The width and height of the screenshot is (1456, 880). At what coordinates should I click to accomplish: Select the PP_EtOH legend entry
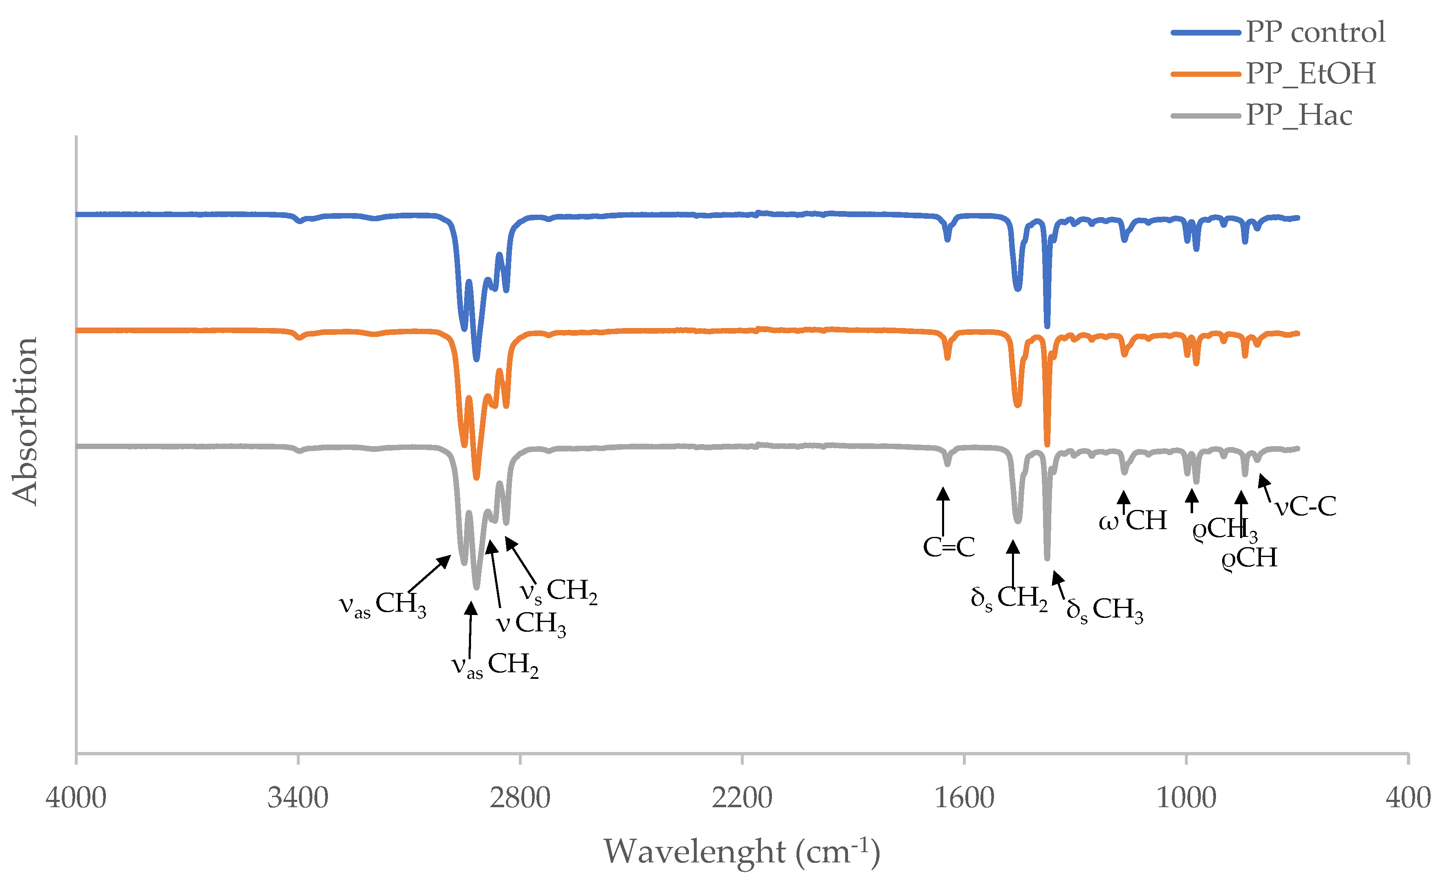(x=1310, y=74)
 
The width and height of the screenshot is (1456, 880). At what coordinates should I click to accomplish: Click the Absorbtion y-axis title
(x=25, y=421)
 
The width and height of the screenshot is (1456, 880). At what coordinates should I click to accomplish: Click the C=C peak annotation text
(x=949, y=547)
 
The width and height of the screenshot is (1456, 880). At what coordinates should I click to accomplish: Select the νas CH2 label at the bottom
(x=495, y=665)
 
